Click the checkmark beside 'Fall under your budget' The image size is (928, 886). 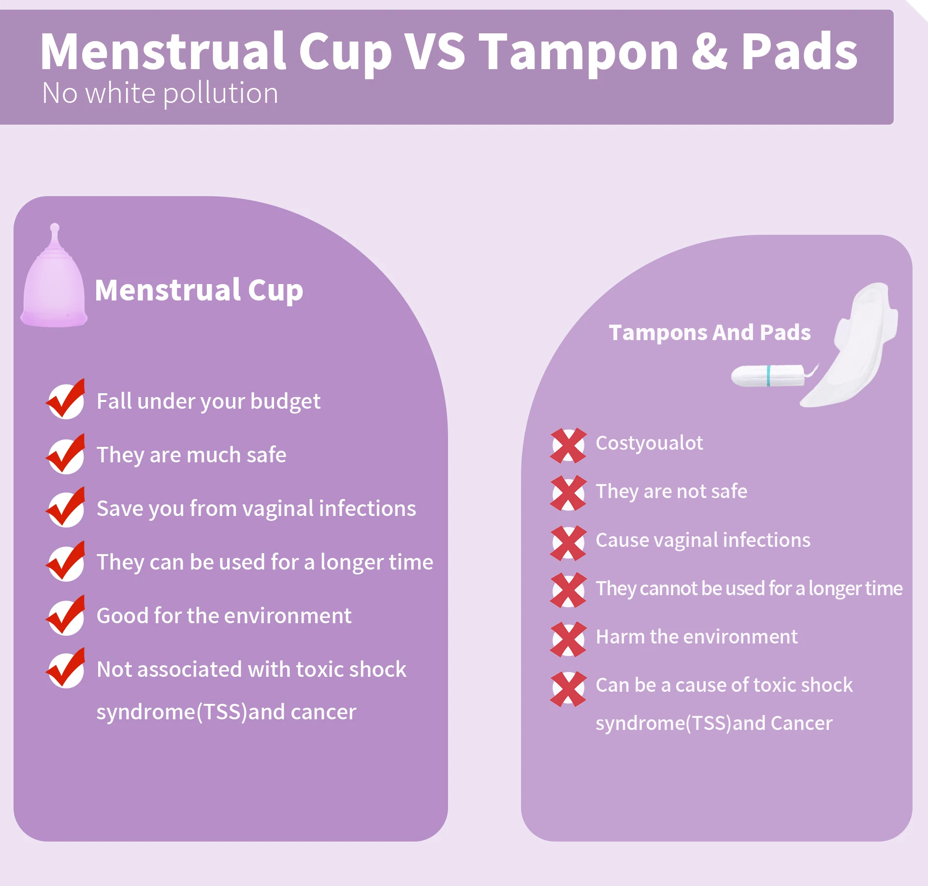pyautogui.click(x=66, y=400)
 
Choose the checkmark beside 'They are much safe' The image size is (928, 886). pyautogui.click(x=66, y=455)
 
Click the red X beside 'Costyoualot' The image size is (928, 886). pyautogui.click(x=568, y=445)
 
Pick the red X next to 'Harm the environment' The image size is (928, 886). pyautogui.click(x=568, y=639)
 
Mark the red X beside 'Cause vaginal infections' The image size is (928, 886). pyautogui.click(x=568, y=543)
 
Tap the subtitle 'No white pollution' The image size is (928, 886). pyautogui.click(x=160, y=93)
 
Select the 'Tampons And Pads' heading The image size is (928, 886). pyautogui.click(x=710, y=332)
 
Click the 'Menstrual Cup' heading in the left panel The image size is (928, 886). pyautogui.click(x=199, y=290)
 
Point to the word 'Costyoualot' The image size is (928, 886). pyautogui.click(x=649, y=443)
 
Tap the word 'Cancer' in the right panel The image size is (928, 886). pyautogui.click(x=801, y=723)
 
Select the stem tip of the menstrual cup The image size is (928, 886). pyautogui.click(x=55, y=228)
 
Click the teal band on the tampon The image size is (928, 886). pyautogui.click(x=768, y=376)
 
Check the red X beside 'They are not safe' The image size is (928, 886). pyautogui.click(x=568, y=493)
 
